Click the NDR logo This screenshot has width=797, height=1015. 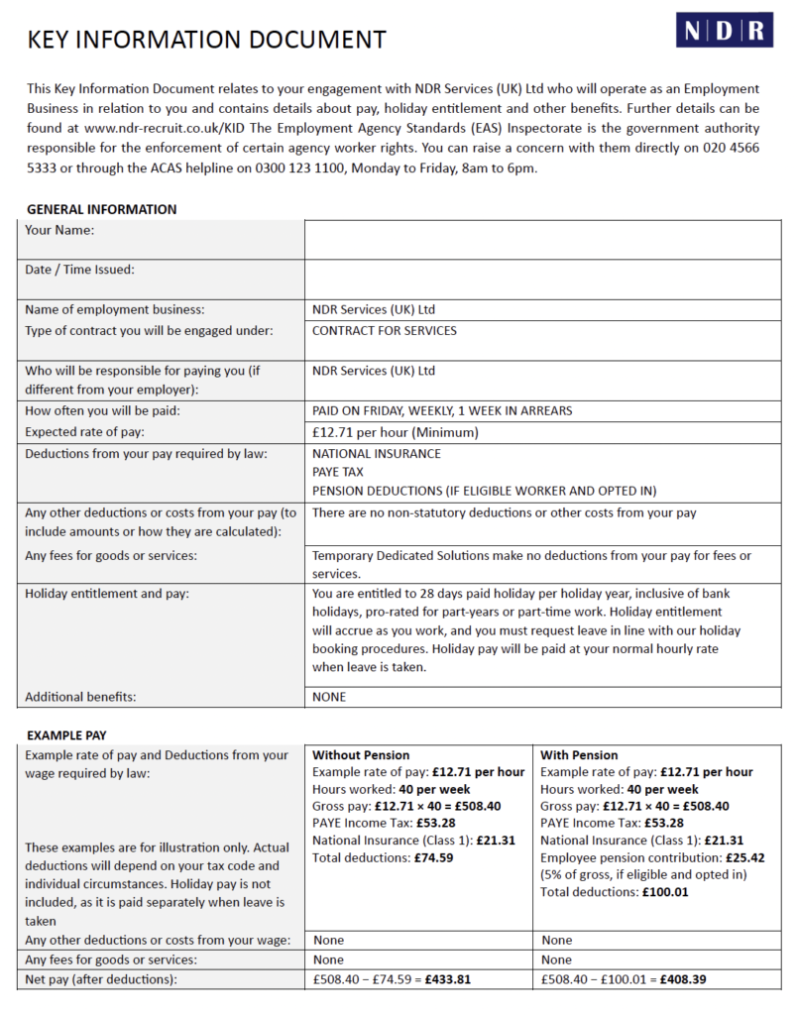click(725, 30)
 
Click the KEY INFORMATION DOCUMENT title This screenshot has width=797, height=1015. click(206, 41)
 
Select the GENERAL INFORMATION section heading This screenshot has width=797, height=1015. click(101, 209)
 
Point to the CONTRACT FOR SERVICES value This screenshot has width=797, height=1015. click(385, 331)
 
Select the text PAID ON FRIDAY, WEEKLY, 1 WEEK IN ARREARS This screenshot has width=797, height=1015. click(441, 410)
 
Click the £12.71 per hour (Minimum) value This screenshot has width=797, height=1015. click(396, 432)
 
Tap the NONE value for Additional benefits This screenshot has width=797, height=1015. click(329, 697)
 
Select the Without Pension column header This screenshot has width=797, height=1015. click(361, 755)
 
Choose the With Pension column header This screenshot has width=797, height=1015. click(579, 755)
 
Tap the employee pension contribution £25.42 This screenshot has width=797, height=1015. click(743, 857)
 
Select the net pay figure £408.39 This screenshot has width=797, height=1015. click(683, 980)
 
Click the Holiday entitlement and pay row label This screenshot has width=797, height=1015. click(107, 594)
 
